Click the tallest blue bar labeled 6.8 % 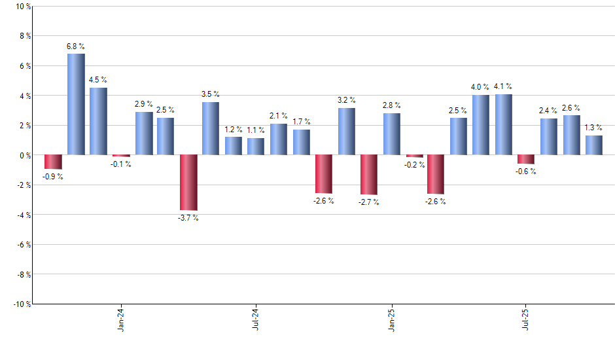click(x=76, y=104)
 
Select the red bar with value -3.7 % click(x=188, y=183)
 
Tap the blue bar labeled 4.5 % click(x=98, y=121)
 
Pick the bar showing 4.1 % click(x=504, y=124)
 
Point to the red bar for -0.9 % click(x=53, y=162)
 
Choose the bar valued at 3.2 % click(x=347, y=131)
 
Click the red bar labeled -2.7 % click(x=369, y=175)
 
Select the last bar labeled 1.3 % click(x=594, y=145)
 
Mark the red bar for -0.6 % click(x=526, y=159)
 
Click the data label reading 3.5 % click(x=211, y=94)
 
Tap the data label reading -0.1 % click(x=121, y=164)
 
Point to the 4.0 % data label click(x=481, y=87)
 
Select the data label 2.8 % click(x=392, y=105)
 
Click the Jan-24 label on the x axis click(x=121, y=319)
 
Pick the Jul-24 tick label click(x=256, y=319)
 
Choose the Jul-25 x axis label click(x=526, y=319)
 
